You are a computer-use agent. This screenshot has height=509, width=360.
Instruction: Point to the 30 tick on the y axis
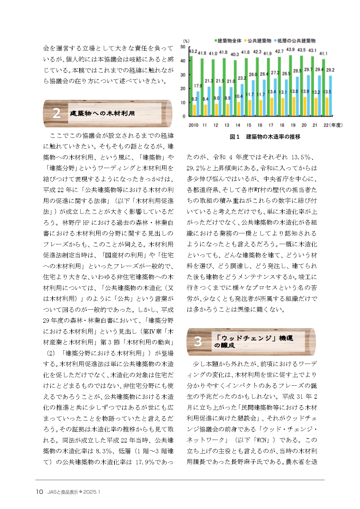[x=183, y=75]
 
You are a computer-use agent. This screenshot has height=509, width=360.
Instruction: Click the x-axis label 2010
[x=193, y=125]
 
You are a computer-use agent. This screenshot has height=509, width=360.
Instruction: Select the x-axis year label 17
[x=271, y=125]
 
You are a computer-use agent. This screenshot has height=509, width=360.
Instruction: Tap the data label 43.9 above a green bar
[x=290, y=50]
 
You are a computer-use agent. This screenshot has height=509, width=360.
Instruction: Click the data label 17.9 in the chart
[x=198, y=86]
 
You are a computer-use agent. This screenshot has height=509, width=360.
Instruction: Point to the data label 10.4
[x=238, y=96]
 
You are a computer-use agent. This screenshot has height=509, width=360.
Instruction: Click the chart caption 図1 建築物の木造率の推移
[x=265, y=137]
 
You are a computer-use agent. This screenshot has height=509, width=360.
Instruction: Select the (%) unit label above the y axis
[x=186, y=41]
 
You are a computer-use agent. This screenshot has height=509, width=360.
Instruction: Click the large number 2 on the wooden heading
[x=57, y=113]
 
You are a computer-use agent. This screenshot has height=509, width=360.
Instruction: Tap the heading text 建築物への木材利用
[x=102, y=113]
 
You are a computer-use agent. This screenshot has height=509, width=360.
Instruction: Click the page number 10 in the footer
[x=39, y=492]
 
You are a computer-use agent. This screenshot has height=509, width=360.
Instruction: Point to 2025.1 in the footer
[x=91, y=492]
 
